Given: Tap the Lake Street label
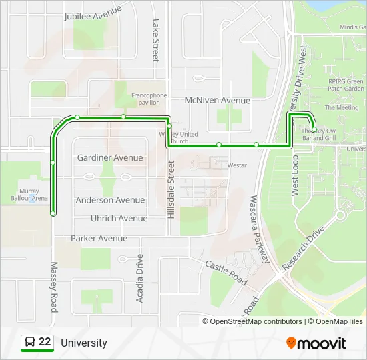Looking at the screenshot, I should click(x=155, y=40).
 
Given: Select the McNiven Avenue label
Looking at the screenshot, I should click(x=217, y=101).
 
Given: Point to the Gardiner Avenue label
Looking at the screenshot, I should click(x=110, y=158).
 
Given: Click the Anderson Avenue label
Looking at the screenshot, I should click(x=110, y=200).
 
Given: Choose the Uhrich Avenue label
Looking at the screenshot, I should click(x=119, y=218).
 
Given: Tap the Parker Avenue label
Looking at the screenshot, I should click(x=99, y=238).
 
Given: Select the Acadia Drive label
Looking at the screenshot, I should click(x=140, y=278).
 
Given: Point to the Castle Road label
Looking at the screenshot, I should click(x=226, y=269).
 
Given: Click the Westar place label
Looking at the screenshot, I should click(x=237, y=165).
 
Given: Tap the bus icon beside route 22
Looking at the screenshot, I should click(x=30, y=343).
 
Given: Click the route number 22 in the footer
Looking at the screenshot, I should click(x=45, y=343).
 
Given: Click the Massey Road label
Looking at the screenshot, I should click(x=54, y=287).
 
